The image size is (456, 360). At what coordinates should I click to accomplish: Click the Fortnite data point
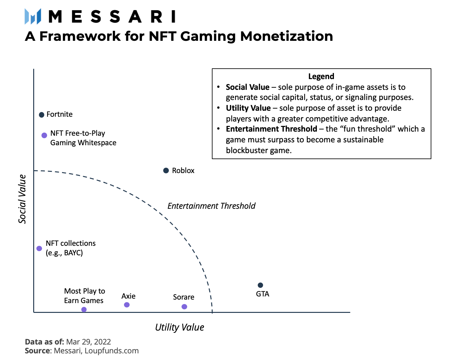[41, 115]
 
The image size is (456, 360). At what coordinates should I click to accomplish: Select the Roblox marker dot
[166, 171]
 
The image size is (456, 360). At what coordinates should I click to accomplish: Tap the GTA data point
[260, 285]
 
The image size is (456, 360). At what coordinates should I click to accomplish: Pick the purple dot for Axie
[127, 305]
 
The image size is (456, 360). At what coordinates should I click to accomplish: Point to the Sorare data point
[184, 307]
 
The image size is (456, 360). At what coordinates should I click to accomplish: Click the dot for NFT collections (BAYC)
[39, 249]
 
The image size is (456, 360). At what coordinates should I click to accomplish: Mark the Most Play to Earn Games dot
[84, 310]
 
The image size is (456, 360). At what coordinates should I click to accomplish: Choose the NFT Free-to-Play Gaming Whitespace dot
[44, 135]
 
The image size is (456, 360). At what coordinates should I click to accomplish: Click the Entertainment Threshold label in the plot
[211, 206]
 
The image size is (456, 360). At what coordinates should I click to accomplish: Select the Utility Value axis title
[179, 327]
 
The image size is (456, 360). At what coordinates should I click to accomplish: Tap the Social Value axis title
[22, 199]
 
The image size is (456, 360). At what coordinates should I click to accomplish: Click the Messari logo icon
[33, 16]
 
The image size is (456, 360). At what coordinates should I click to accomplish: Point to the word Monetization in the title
[286, 36]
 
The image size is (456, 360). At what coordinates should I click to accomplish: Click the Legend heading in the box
[321, 77]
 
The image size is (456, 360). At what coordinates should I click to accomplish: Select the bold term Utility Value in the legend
[248, 108]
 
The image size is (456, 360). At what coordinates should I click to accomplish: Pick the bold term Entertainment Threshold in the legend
[271, 129]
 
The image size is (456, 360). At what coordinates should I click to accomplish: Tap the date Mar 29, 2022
[89, 342]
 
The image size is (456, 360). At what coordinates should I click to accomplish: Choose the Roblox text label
[183, 171]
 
